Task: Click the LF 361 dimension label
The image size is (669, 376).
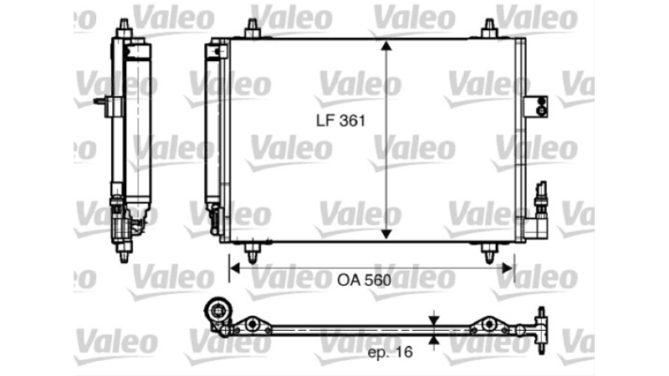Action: pyautogui.click(x=341, y=120)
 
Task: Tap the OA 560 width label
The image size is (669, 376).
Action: pyautogui.click(x=364, y=280)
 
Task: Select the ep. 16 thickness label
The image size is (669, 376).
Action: pyautogui.click(x=390, y=352)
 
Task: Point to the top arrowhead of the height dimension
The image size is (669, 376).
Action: pyautogui.click(x=386, y=45)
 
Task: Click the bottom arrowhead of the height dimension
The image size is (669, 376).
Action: pyautogui.click(x=386, y=235)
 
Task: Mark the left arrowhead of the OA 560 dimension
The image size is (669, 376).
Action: pyautogui.click(x=235, y=268)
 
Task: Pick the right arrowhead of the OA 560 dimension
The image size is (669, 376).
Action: pyautogui.click(x=508, y=268)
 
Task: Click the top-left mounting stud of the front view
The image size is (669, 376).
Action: pyautogui.click(x=253, y=28)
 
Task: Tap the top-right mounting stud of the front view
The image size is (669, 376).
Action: pyautogui.click(x=489, y=28)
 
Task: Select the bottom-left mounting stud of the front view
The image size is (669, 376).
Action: pyautogui.click(x=253, y=253)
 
